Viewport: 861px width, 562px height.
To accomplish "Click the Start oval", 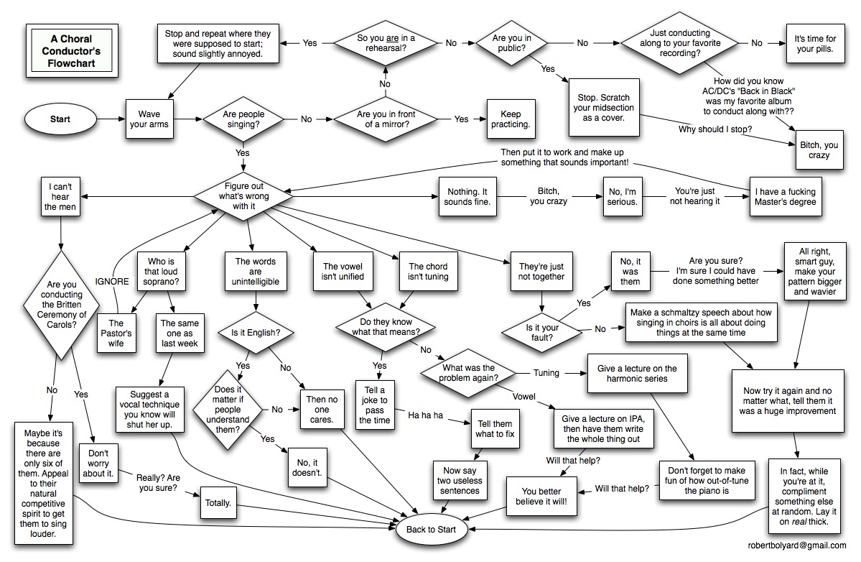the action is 60,119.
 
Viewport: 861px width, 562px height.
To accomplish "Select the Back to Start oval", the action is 431,530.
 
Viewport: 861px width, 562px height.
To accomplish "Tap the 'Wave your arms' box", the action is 149,119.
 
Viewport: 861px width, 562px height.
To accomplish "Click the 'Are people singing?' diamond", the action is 244,119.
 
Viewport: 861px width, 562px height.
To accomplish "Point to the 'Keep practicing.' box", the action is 511,119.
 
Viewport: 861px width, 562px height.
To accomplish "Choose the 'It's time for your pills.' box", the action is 816,43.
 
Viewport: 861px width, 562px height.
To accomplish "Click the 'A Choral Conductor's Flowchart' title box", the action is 72,51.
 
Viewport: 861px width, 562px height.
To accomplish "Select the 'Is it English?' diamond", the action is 256,332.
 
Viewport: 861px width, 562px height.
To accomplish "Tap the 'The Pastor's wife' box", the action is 116,333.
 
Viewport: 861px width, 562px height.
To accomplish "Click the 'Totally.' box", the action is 218,502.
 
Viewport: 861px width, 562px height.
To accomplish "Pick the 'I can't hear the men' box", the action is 60,197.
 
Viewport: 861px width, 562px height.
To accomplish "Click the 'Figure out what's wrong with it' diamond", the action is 244,196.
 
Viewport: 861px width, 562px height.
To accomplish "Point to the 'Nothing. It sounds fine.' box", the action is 467,197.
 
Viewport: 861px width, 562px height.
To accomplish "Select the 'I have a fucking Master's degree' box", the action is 785,197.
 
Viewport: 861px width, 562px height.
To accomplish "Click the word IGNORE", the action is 112,281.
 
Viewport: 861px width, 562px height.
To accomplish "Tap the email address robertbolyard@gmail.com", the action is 797,545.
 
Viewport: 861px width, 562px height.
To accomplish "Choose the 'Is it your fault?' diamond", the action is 542,332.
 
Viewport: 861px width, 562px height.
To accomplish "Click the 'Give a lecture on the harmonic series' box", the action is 637,374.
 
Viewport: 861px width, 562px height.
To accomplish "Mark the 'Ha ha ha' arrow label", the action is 425,415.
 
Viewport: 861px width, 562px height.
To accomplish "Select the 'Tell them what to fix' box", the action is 495,429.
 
